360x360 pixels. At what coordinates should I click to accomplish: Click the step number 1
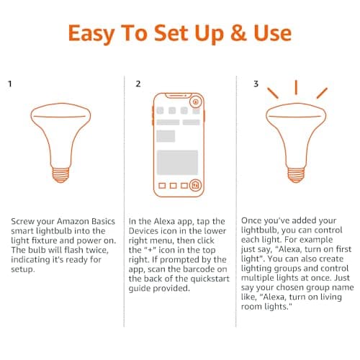(10, 84)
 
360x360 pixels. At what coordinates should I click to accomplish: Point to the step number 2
(138, 84)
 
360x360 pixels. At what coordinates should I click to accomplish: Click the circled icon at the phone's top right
(195, 102)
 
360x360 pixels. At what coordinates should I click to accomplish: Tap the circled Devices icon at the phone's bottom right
(195, 185)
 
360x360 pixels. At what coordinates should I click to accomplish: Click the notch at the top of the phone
(178, 96)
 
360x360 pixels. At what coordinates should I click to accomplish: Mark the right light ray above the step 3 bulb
(321, 93)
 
